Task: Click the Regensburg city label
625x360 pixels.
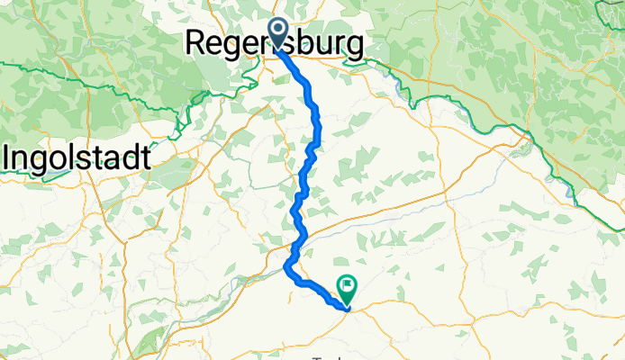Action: [x=275, y=43]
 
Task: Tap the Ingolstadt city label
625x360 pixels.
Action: [x=76, y=159]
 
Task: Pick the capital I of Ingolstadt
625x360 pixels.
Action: [x=7, y=158]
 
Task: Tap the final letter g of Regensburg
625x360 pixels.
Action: [x=357, y=45]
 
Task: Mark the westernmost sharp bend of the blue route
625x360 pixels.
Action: [x=286, y=266]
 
